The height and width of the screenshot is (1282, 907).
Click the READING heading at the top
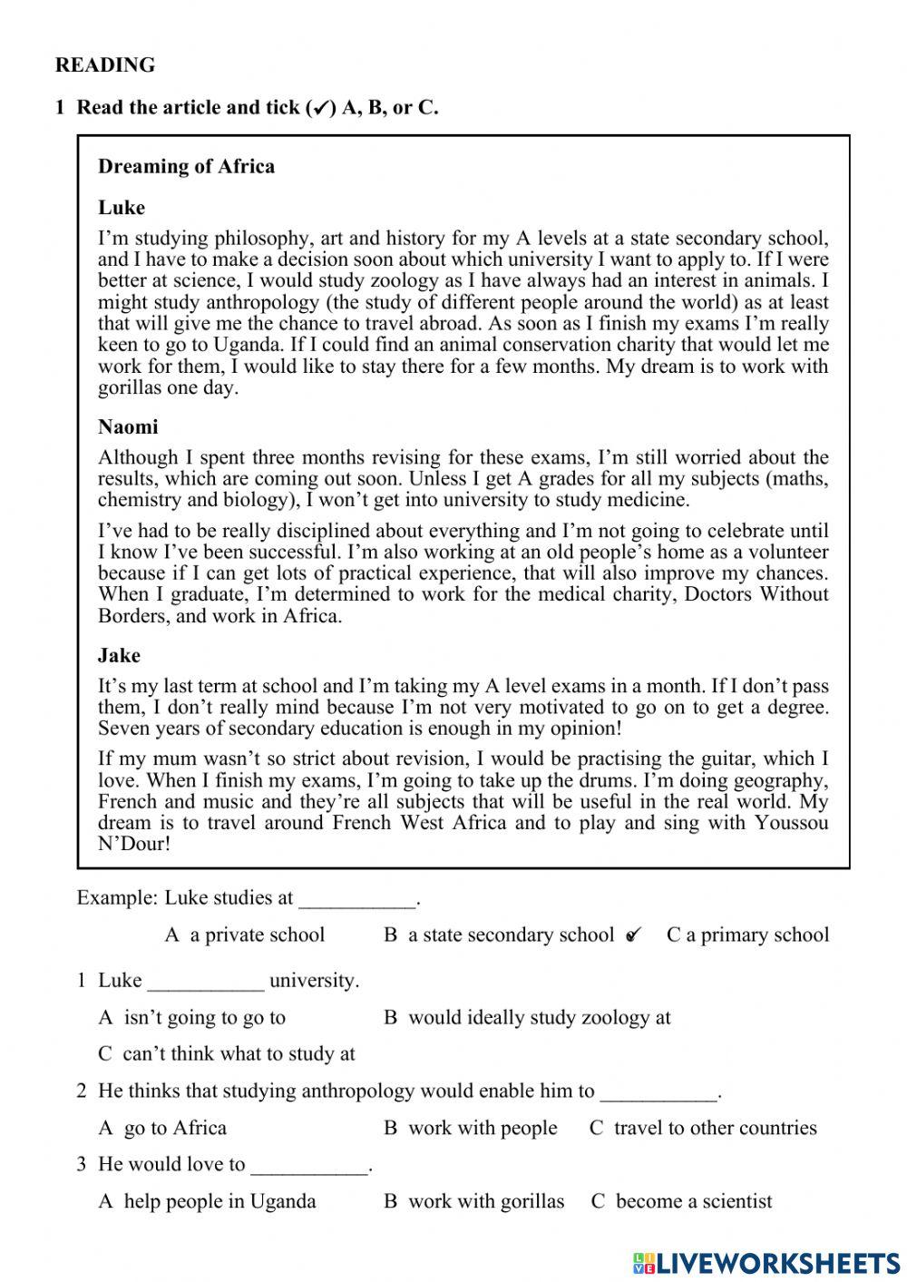105,65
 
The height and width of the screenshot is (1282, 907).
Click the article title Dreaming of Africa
186,166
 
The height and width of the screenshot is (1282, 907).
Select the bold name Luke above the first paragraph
122,208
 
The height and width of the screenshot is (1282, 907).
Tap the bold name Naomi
128,427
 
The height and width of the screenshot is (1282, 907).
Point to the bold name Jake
119,655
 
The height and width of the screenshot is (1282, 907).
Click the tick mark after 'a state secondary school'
634,935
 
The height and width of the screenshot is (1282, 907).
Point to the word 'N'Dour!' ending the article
134,845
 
